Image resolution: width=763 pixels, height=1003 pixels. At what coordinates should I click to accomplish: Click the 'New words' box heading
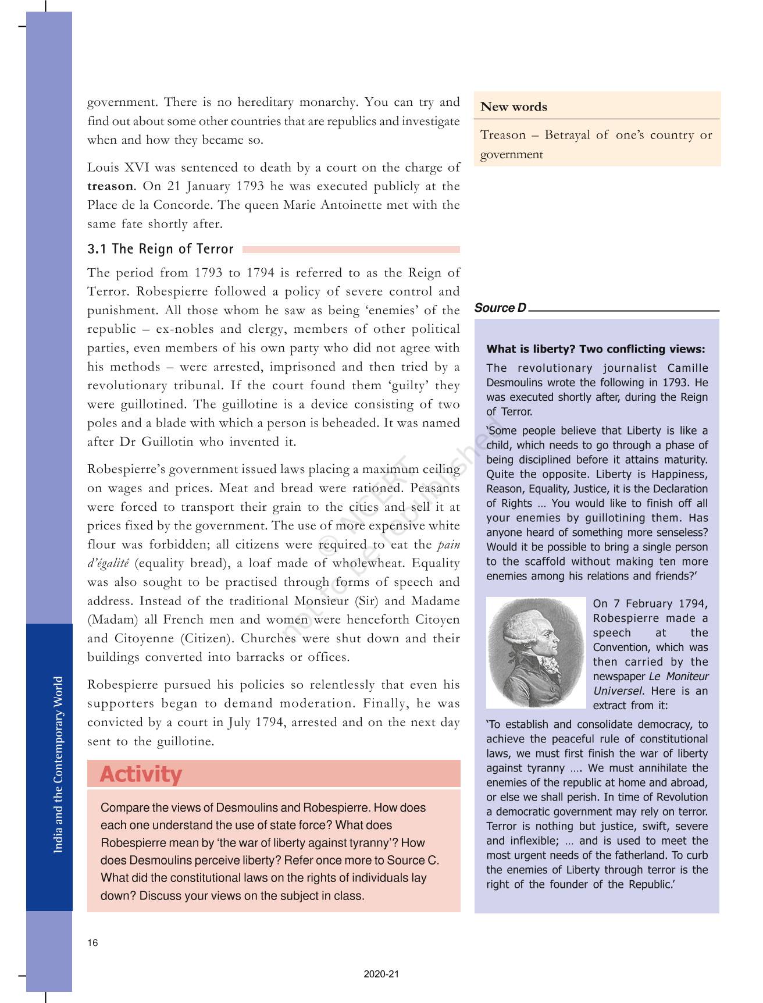point(514,107)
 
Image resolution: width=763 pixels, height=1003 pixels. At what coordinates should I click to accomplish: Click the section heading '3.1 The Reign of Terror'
point(160,250)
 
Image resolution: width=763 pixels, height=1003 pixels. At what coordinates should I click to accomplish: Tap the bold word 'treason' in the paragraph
point(110,186)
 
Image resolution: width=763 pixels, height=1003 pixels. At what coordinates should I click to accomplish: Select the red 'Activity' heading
point(141,774)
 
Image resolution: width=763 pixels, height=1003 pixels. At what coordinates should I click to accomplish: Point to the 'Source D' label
point(500,308)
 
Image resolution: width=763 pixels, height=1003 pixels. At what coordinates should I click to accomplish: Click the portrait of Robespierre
point(536,652)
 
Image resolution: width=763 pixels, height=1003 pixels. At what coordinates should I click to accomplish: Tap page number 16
point(93,943)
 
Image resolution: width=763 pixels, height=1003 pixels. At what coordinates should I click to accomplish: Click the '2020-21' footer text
point(381,974)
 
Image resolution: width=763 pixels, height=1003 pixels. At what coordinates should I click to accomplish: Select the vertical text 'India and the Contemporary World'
point(58,764)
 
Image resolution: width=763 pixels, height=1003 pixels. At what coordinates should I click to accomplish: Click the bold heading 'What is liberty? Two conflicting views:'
point(596,349)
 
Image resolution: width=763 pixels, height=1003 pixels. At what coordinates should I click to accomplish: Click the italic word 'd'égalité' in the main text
point(108,564)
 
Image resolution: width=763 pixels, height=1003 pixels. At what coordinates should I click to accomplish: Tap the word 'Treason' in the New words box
point(502,135)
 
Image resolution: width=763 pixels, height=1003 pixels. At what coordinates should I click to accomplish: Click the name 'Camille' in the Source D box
point(687,368)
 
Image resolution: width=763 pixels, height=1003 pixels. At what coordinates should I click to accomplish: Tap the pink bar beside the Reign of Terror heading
point(351,250)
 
